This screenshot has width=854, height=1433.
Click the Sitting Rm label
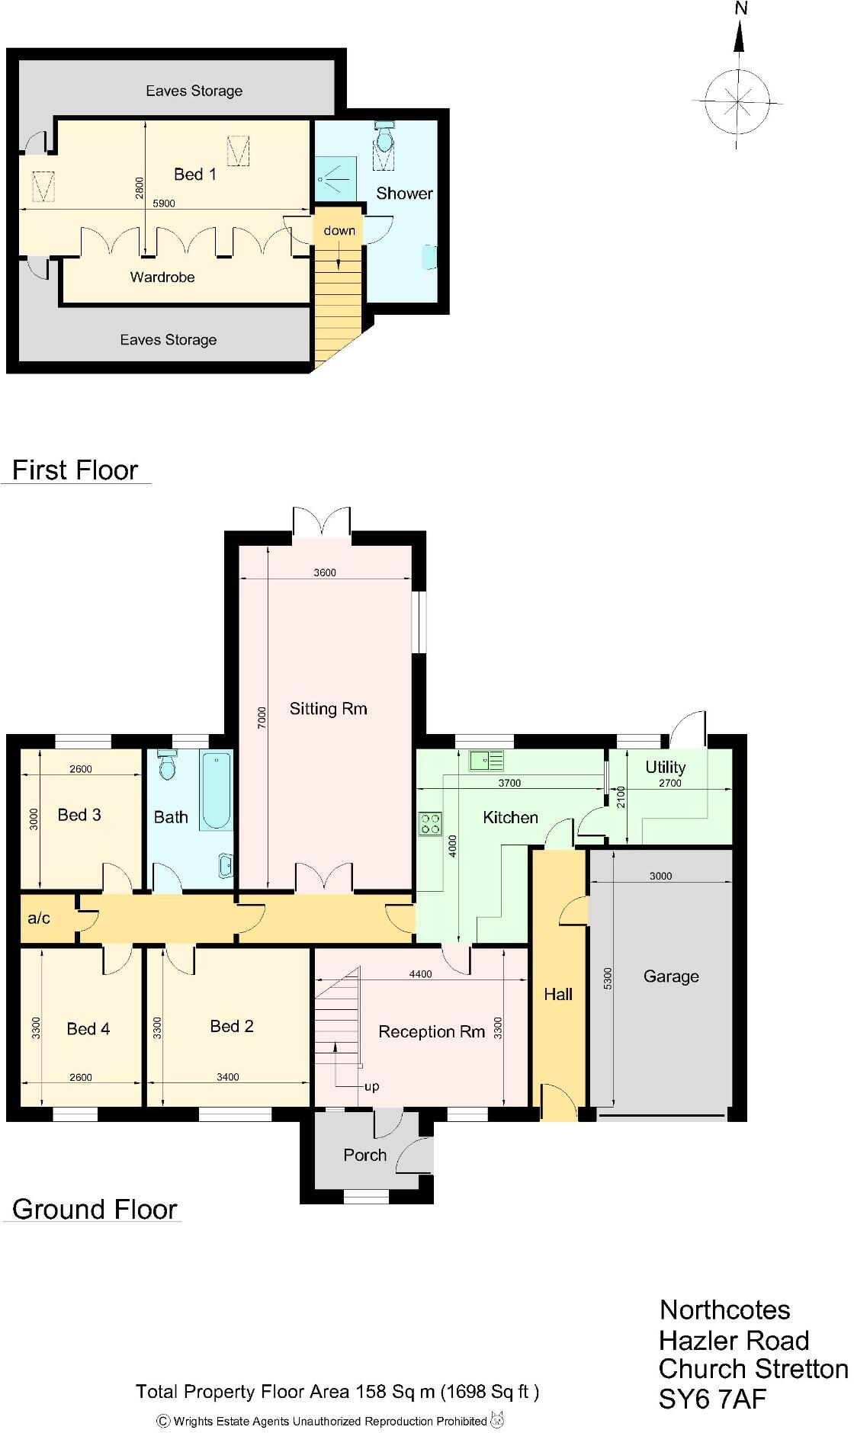pyautogui.click(x=328, y=710)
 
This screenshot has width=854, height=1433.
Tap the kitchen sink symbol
pyautogui.click(x=486, y=760)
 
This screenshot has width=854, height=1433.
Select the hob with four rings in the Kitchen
pyautogui.click(x=429, y=824)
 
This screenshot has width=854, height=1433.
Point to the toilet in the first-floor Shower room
pyautogui.click(x=384, y=137)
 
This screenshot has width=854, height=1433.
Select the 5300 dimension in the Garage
pyautogui.click(x=608, y=978)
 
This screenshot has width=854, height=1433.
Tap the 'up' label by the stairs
pyautogui.click(x=371, y=1086)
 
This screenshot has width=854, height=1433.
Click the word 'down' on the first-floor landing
pyautogui.click(x=339, y=230)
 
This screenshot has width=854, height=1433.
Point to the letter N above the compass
pyautogui.click(x=740, y=9)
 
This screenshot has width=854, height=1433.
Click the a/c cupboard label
pyautogui.click(x=39, y=918)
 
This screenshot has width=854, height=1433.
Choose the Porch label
pyautogui.click(x=364, y=1155)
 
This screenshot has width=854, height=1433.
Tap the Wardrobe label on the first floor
pyautogui.click(x=162, y=277)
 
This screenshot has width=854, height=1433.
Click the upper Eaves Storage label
pyautogui.click(x=194, y=91)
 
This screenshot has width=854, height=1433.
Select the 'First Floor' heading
pyautogui.click(x=75, y=470)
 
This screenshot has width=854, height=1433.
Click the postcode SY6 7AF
pyautogui.click(x=712, y=1399)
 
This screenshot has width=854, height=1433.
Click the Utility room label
pyautogui.click(x=665, y=767)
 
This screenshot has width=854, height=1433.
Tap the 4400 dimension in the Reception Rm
pyautogui.click(x=420, y=973)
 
